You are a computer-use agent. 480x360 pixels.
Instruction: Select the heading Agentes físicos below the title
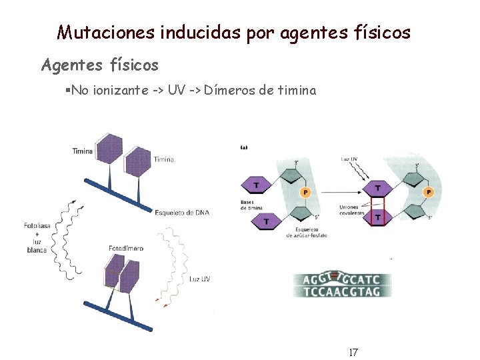tap(100, 65)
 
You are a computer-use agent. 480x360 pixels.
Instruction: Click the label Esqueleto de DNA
tap(181, 213)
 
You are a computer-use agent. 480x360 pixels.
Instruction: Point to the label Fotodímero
tap(126, 249)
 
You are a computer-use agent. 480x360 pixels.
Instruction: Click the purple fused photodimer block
tap(122, 274)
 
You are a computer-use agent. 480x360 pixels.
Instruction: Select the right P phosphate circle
tap(429, 192)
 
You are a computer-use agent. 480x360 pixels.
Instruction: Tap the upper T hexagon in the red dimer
tap(379, 189)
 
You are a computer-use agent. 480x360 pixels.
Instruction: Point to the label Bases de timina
tap(252, 205)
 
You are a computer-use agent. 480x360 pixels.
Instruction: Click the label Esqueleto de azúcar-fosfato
tap(307, 232)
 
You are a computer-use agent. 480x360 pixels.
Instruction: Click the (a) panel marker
tap(244, 148)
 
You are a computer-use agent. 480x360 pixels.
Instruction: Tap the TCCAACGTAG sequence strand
tap(342, 291)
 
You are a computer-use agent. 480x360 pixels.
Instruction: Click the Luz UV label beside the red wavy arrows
tap(199, 279)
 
